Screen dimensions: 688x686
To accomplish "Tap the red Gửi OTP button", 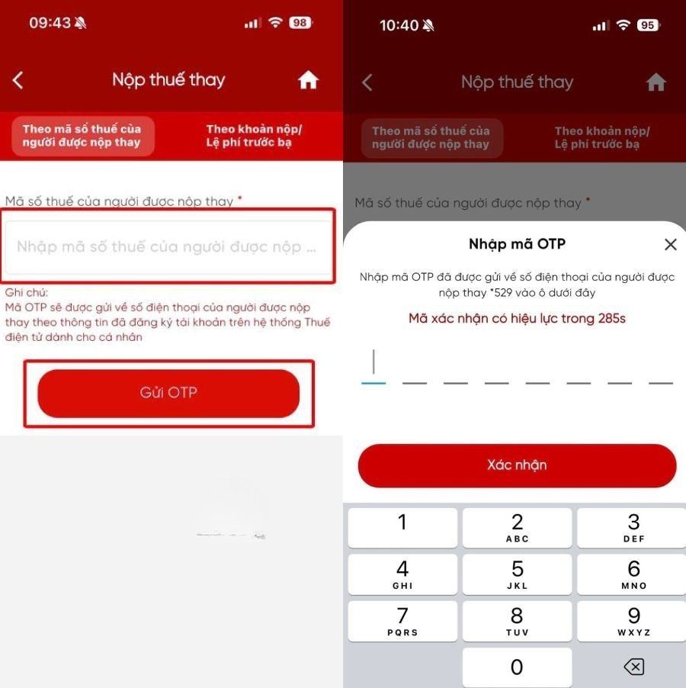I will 168,393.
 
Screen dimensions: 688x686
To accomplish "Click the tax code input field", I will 168,247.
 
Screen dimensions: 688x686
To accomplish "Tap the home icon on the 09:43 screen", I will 308,80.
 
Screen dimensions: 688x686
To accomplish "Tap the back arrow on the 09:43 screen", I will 18,80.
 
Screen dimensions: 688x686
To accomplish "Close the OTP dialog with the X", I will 670,244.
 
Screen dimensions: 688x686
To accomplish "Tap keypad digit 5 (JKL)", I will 517,574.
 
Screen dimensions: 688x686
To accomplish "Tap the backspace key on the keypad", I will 633,667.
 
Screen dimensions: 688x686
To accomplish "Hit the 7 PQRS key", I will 402,621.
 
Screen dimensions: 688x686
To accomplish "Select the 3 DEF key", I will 633,528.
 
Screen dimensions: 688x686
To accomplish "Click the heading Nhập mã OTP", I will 517,244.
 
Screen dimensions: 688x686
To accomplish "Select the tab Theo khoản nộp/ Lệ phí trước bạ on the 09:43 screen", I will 254,136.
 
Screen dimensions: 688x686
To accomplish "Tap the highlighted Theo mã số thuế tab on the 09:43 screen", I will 82,136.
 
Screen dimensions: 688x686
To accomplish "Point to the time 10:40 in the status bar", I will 399,25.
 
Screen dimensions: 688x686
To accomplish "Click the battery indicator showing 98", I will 300,23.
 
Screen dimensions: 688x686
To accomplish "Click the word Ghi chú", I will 27,293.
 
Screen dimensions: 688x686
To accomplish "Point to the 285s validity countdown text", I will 517,318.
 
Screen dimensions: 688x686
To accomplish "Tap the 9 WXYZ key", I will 633,621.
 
